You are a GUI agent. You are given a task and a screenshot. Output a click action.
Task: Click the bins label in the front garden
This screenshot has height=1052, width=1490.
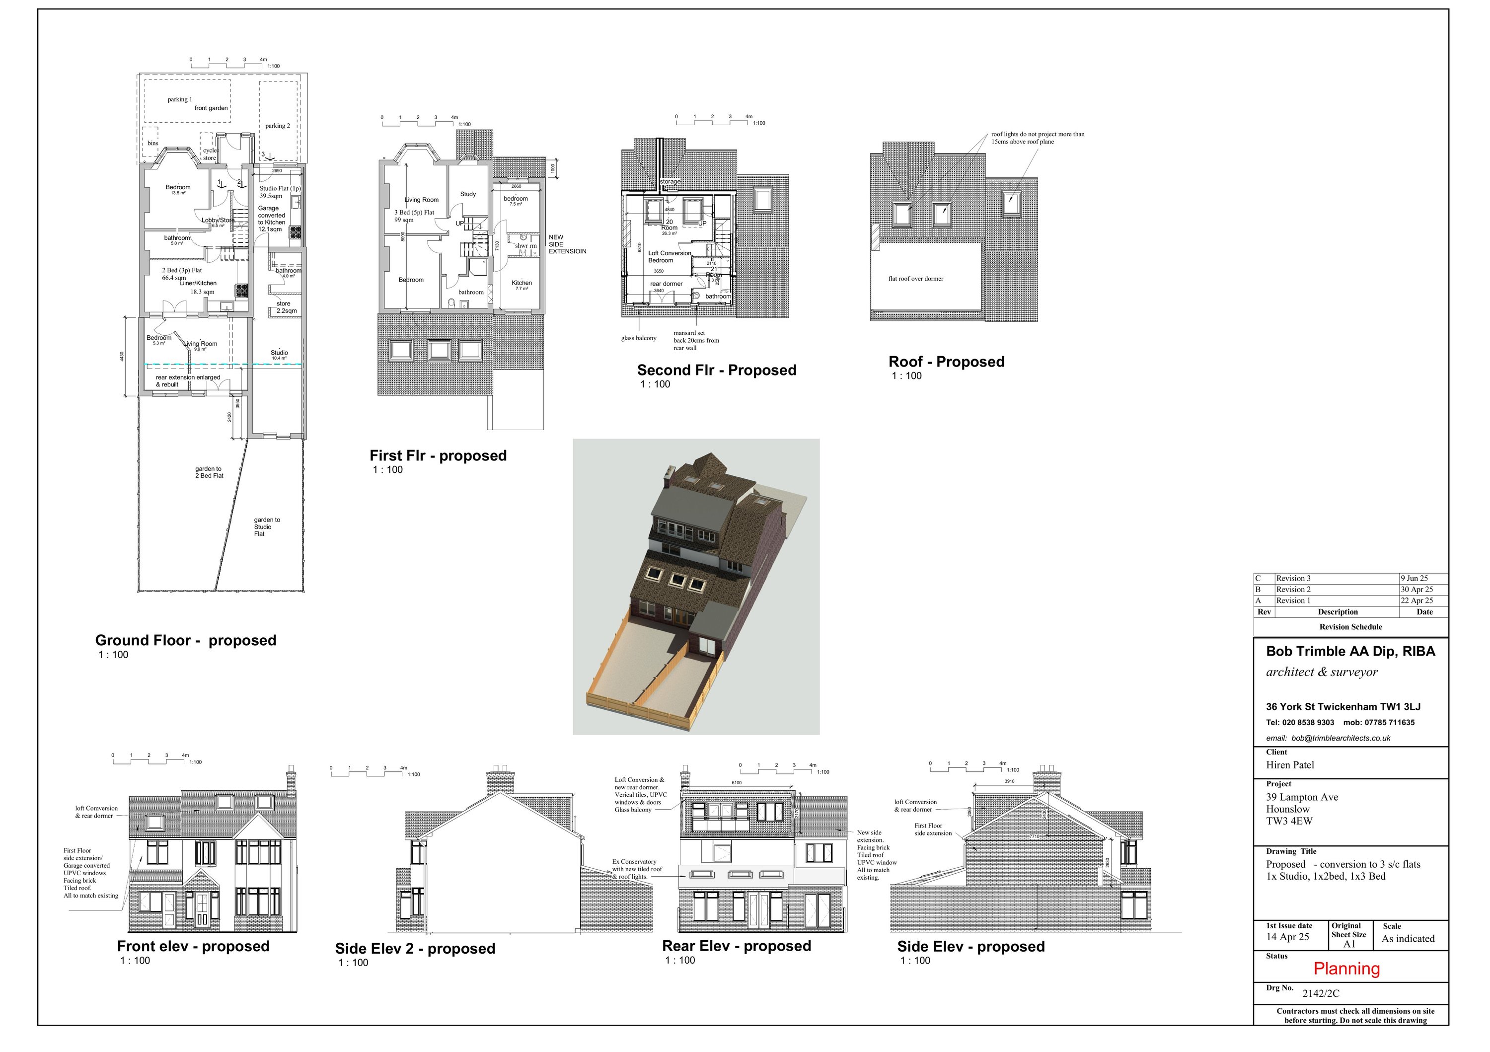tap(152, 144)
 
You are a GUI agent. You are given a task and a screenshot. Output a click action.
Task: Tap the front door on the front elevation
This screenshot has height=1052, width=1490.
tap(202, 908)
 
